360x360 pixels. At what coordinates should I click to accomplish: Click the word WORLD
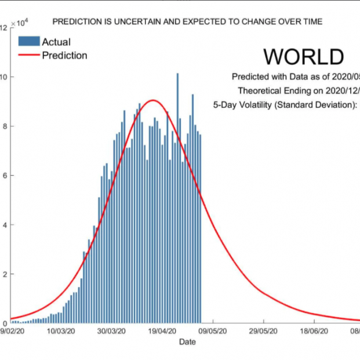pos(304,56)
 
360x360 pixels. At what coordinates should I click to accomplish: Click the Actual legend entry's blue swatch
pos(29,42)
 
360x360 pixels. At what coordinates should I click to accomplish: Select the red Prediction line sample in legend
pos(29,56)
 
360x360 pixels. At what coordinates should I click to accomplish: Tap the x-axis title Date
pos(187,342)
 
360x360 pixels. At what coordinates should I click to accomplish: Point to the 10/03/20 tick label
pos(61,332)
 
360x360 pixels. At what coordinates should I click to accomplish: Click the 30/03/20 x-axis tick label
pos(111,332)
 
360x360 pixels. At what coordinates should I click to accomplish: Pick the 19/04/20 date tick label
pos(162,332)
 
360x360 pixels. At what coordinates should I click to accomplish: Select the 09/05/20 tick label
pos(213,332)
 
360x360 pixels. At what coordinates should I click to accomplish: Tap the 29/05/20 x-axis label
pos(264,332)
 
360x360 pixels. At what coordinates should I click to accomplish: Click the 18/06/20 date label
pos(314,332)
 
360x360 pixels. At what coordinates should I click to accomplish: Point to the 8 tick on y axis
pos(4,126)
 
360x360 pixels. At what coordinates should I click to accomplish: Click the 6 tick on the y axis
pos(4,176)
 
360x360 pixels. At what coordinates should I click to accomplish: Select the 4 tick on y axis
pos(4,225)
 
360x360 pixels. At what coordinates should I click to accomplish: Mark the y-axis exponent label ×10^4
pos(17,23)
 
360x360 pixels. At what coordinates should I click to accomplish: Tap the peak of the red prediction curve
pos(153,100)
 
